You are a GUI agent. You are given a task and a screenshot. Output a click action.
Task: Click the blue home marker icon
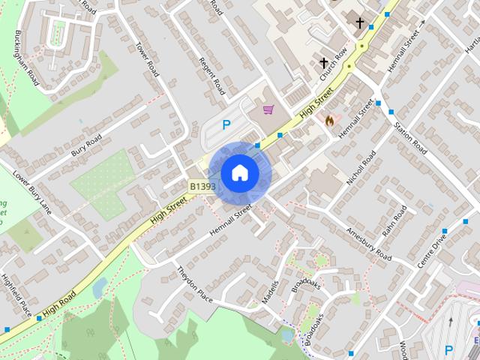[x=239, y=172]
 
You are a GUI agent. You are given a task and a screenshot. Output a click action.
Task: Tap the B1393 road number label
[x=202, y=186]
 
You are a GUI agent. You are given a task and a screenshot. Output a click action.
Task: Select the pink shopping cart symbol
[x=268, y=109]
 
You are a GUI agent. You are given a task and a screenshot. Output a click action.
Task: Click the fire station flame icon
[x=328, y=118]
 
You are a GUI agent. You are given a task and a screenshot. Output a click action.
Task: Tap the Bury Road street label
[x=86, y=145]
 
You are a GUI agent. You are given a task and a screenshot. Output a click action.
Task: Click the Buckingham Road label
[x=27, y=58]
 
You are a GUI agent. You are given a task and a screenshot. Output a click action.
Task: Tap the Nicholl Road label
[x=361, y=168]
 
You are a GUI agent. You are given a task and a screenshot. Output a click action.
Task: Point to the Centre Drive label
[x=432, y=251]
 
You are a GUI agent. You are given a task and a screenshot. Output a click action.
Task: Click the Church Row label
[x=333, y=65]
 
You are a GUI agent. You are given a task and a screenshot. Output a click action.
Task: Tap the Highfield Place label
[x=16, y=293]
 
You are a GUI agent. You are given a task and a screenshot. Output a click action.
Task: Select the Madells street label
[x=270, y=292]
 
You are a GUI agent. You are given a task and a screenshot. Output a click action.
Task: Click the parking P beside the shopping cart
[x=226, y=125]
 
